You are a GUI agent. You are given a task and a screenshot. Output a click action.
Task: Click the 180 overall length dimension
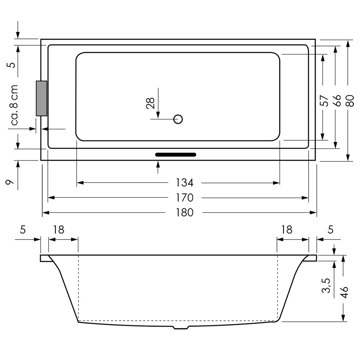coord(185,213)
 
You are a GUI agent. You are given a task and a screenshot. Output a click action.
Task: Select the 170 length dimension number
coord(185,198)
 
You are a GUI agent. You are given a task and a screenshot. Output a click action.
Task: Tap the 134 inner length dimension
coord(185,183)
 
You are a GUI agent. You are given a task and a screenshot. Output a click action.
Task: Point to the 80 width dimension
coord(350,100)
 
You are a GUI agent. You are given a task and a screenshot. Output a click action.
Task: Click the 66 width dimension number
coord(337,100)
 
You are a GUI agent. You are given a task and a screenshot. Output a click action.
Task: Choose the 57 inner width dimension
coord(324,100)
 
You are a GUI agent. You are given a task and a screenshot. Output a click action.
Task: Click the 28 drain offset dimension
coord(150,103)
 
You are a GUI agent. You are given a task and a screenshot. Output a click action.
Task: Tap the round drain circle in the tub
coord(178,119)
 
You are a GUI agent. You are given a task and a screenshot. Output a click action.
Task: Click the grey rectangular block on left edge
coord(41,98)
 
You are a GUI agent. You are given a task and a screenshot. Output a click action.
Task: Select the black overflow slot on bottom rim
coord(176,154)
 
